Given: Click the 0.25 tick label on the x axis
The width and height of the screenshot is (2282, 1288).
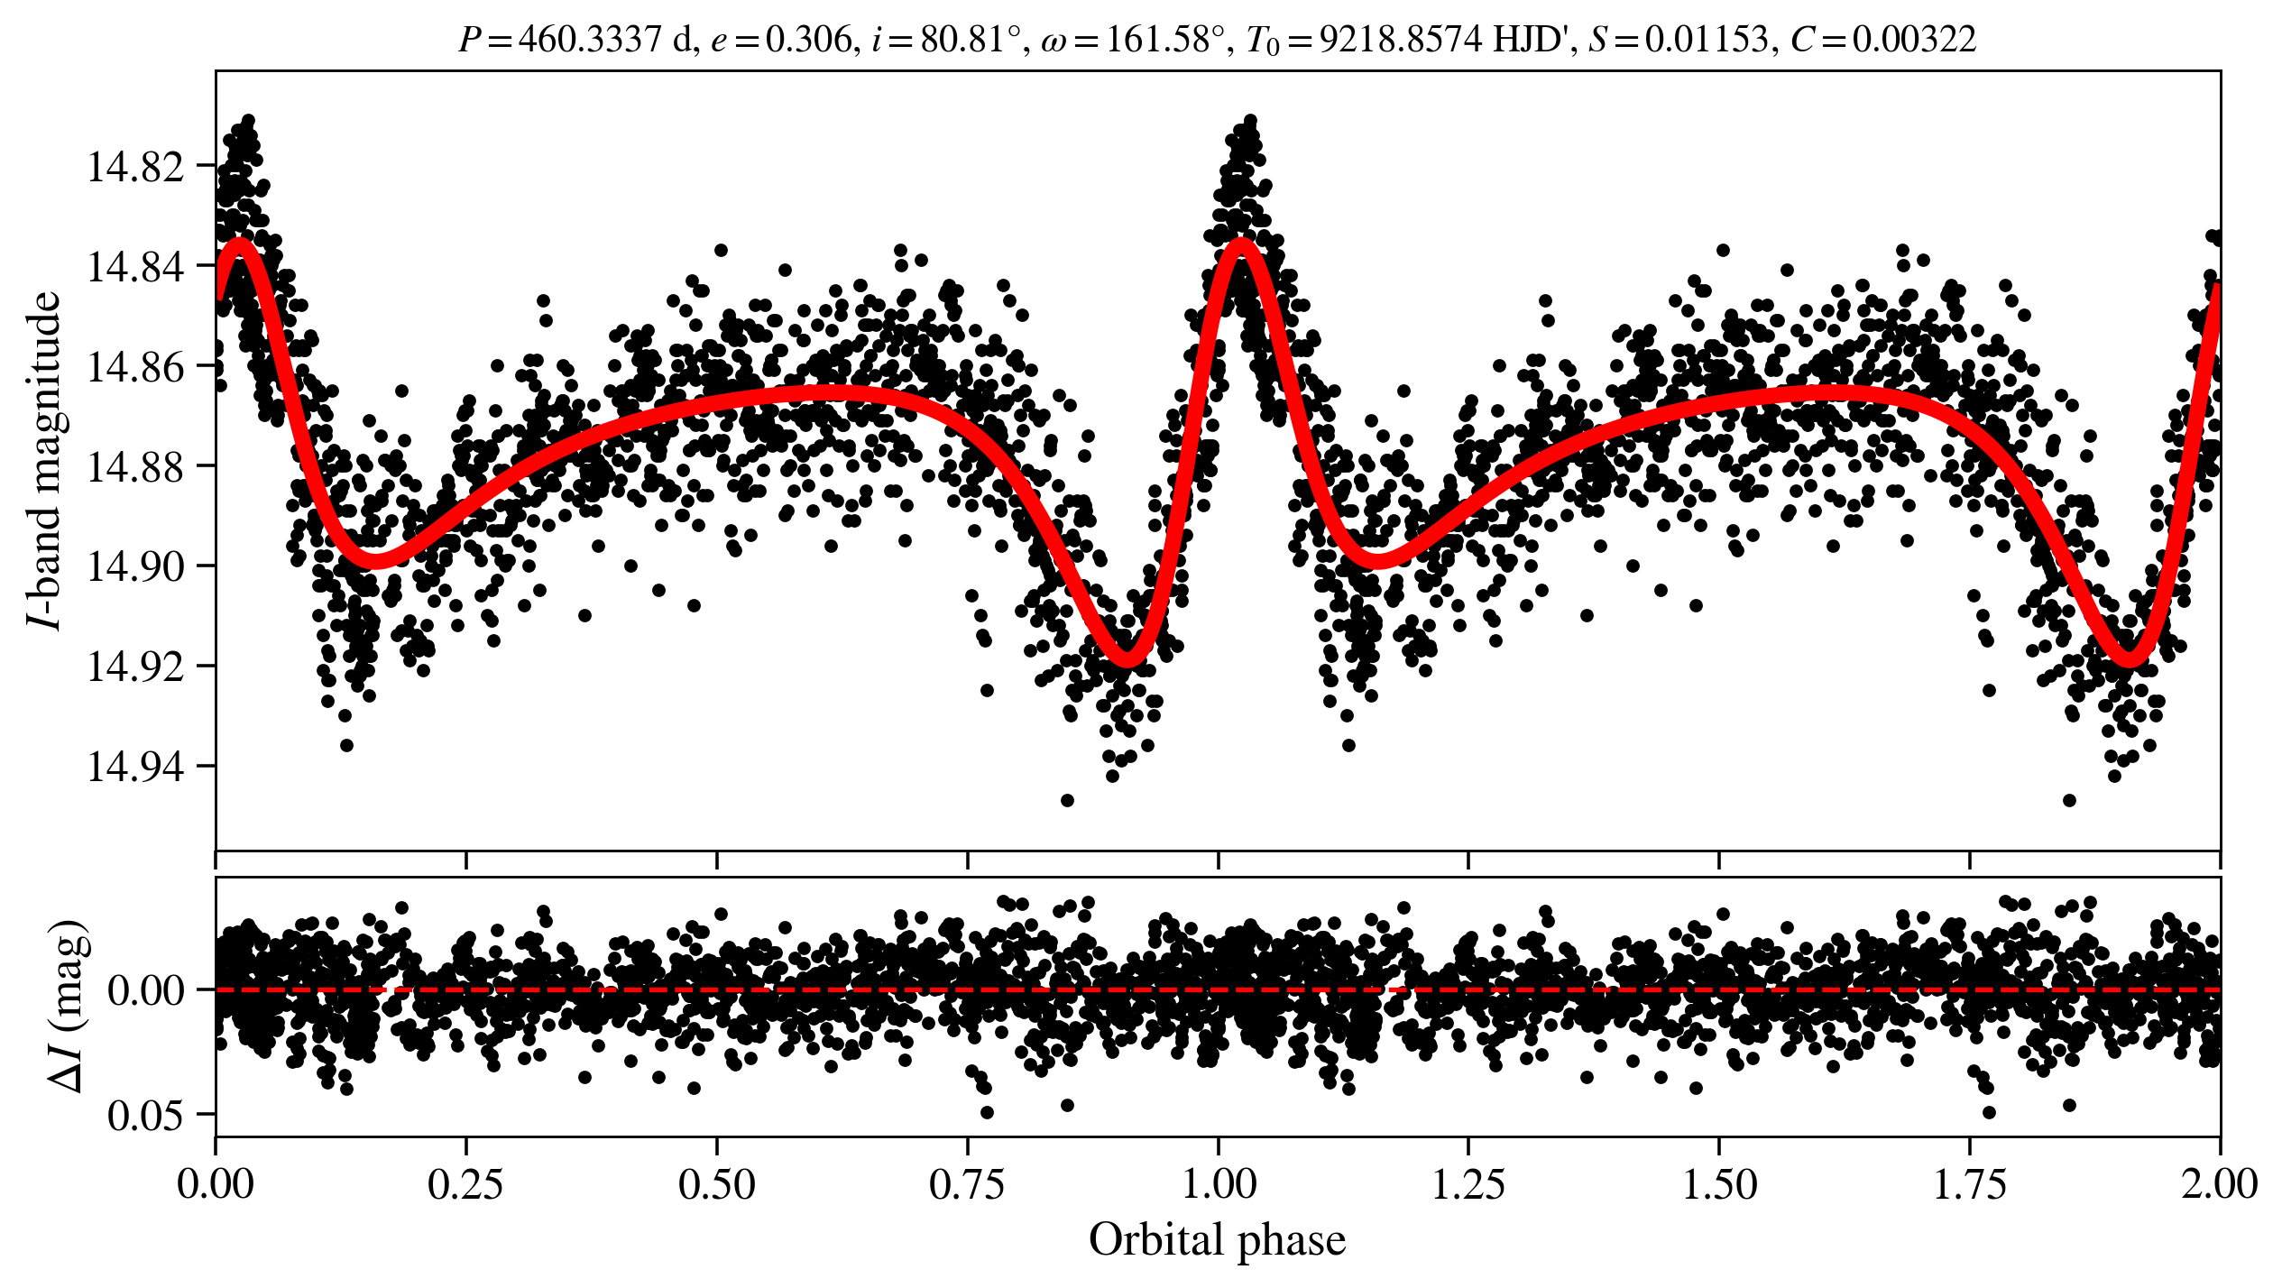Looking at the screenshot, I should point(465,1184).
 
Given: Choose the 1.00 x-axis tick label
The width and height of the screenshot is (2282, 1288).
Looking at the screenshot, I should point(1219,1184).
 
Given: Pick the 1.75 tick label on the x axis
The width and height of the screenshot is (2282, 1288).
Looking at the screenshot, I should point(1970,1184).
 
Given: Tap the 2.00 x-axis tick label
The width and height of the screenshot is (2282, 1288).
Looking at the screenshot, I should point(2220,1184).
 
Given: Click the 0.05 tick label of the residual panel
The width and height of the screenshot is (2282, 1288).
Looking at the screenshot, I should point(145,1117).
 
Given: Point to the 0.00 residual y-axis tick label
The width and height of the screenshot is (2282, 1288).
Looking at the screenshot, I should point(145,991).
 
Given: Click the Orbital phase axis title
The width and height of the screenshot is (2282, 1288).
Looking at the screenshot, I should point(1217,1240).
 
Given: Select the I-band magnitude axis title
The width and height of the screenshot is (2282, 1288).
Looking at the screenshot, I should point(45,460).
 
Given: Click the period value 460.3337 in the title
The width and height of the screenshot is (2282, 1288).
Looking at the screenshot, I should point(590,40).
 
